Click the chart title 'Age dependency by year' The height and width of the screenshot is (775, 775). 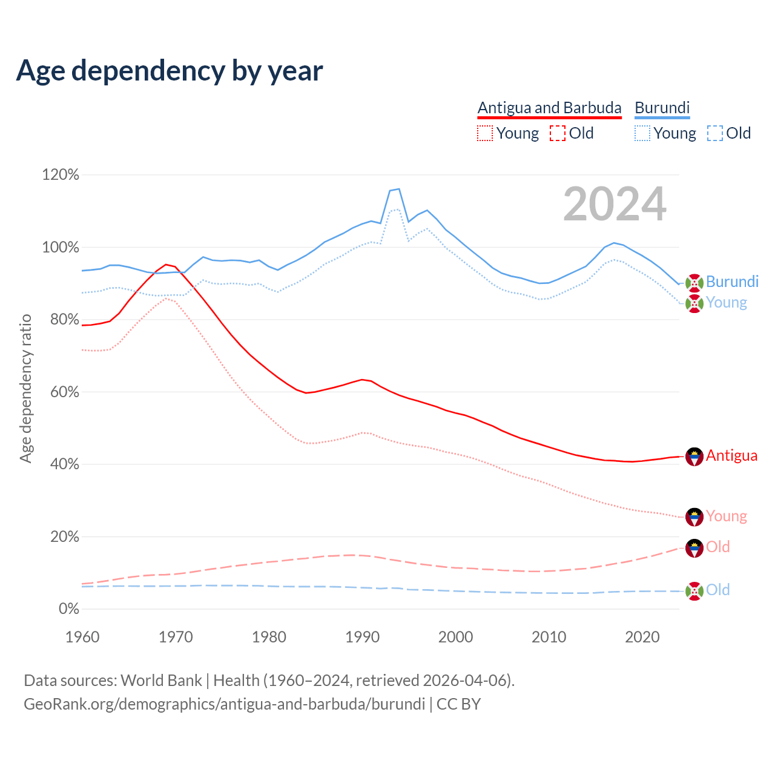pyautogui.click(x=170, y=71)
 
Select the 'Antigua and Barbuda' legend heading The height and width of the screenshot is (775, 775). pyautogui.click(x=549, y=108)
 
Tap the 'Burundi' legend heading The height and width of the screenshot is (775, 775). pyautogui.click(x=662, y=108)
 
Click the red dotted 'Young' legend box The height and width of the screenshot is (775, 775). pyautogui.click(x=485, y=133)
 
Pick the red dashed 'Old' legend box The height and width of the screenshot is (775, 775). pyautogui.click(x=558, y=133)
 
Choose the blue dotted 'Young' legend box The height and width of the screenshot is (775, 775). pyautogui.click(x=642, y=133)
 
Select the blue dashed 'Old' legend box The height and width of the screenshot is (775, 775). pyautogui.click(x=715, y=133)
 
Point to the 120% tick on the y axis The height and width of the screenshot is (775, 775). pyautogui.click(x=61, y=175)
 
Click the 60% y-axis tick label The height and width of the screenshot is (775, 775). pyautogui.click(x=64, y=392)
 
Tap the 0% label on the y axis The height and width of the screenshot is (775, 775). pyautogui.click(x=68, y=608)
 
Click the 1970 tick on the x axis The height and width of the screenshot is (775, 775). pyautogui.click(x=176, y=637)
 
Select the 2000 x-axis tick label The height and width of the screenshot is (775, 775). pyautogui.click(x=455, y=637)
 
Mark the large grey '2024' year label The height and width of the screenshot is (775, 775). pyautogui.click(x=615, y=204)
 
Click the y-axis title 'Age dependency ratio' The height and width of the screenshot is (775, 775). pyautogui.click(x=25, y=388)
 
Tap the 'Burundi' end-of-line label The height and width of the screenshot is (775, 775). pyautogui.click(x=732, y=282)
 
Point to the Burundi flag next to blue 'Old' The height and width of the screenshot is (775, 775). pyautogui.click(x=694, y=590)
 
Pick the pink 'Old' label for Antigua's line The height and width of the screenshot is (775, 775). pyautogui.click(x=718, y=547)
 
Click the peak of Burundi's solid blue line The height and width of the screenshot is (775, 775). pyautogui.click(x=398, y=189)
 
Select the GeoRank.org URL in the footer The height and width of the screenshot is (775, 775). pyautogui.click(x=224, y=704)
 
